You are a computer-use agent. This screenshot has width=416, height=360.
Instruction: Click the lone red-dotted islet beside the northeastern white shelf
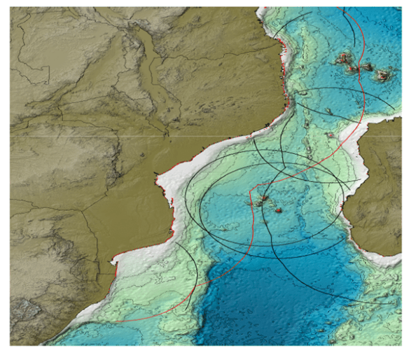pyautogui.click(x=329, y=134)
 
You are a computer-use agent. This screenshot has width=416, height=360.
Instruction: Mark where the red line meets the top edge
pyautogui.click(x=343, y=8)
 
